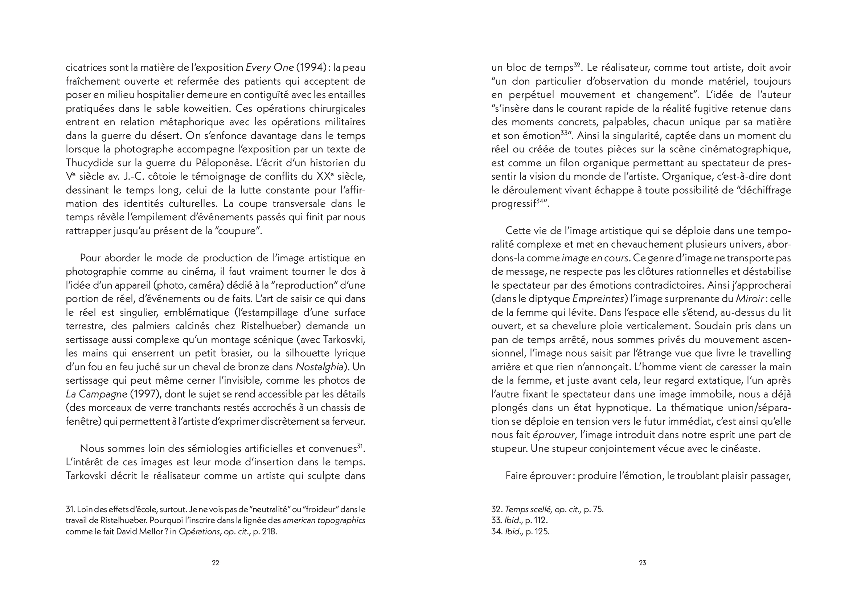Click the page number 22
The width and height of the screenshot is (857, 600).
(216, 563)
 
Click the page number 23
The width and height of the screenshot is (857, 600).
(642, 563)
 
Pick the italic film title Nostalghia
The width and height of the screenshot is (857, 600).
(319, 367)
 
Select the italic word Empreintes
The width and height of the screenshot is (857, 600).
(598, 299)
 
